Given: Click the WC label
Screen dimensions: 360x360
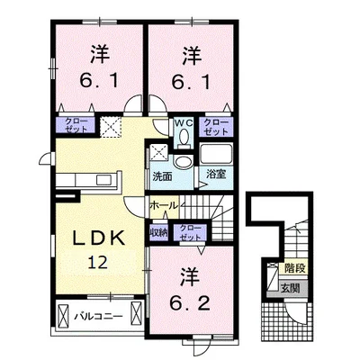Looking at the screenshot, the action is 184,122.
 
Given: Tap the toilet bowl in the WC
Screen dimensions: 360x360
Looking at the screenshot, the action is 184,136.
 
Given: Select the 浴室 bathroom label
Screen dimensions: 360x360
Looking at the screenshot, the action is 216,175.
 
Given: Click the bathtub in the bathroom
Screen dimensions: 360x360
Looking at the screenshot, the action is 216,155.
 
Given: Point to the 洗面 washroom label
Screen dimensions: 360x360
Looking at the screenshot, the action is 162,176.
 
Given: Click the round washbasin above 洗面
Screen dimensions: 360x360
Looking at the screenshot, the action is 183,162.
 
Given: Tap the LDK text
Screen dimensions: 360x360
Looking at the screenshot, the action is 100,238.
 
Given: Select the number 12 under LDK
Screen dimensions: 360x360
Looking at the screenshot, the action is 98,263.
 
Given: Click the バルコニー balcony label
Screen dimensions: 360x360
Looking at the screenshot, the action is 99,316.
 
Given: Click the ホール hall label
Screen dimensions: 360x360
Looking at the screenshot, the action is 164,206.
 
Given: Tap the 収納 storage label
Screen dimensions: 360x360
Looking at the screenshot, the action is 158,233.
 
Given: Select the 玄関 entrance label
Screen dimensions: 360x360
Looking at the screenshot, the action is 290,288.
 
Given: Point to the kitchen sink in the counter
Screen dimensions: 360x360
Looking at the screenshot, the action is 104,180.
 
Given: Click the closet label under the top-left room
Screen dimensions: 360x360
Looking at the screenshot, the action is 76,125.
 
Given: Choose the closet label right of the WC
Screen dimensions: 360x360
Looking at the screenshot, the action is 216,127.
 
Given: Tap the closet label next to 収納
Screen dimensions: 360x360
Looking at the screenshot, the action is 190,233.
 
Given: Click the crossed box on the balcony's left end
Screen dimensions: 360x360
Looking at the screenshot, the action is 63,318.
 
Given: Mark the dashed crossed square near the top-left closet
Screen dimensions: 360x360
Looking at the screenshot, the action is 111,127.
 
